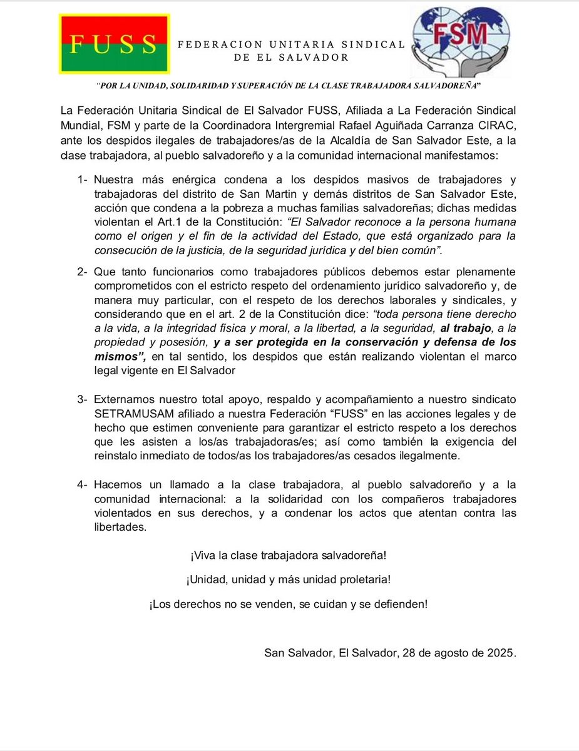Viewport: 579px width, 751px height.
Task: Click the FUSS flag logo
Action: [x=114, y=43]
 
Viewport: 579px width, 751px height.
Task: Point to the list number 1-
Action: [x=84, y=180]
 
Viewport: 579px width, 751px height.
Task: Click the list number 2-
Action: [x=84, y=272]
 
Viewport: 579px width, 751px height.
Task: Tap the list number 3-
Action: [x=84, y=399]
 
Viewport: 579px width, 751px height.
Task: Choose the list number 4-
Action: [x=84, y=484]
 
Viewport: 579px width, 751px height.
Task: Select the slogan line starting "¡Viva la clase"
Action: [x=288, y=555]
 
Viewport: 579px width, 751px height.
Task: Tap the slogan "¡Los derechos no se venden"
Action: [x=288, y=604]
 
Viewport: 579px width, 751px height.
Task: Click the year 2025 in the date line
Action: [x=502, y=653]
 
